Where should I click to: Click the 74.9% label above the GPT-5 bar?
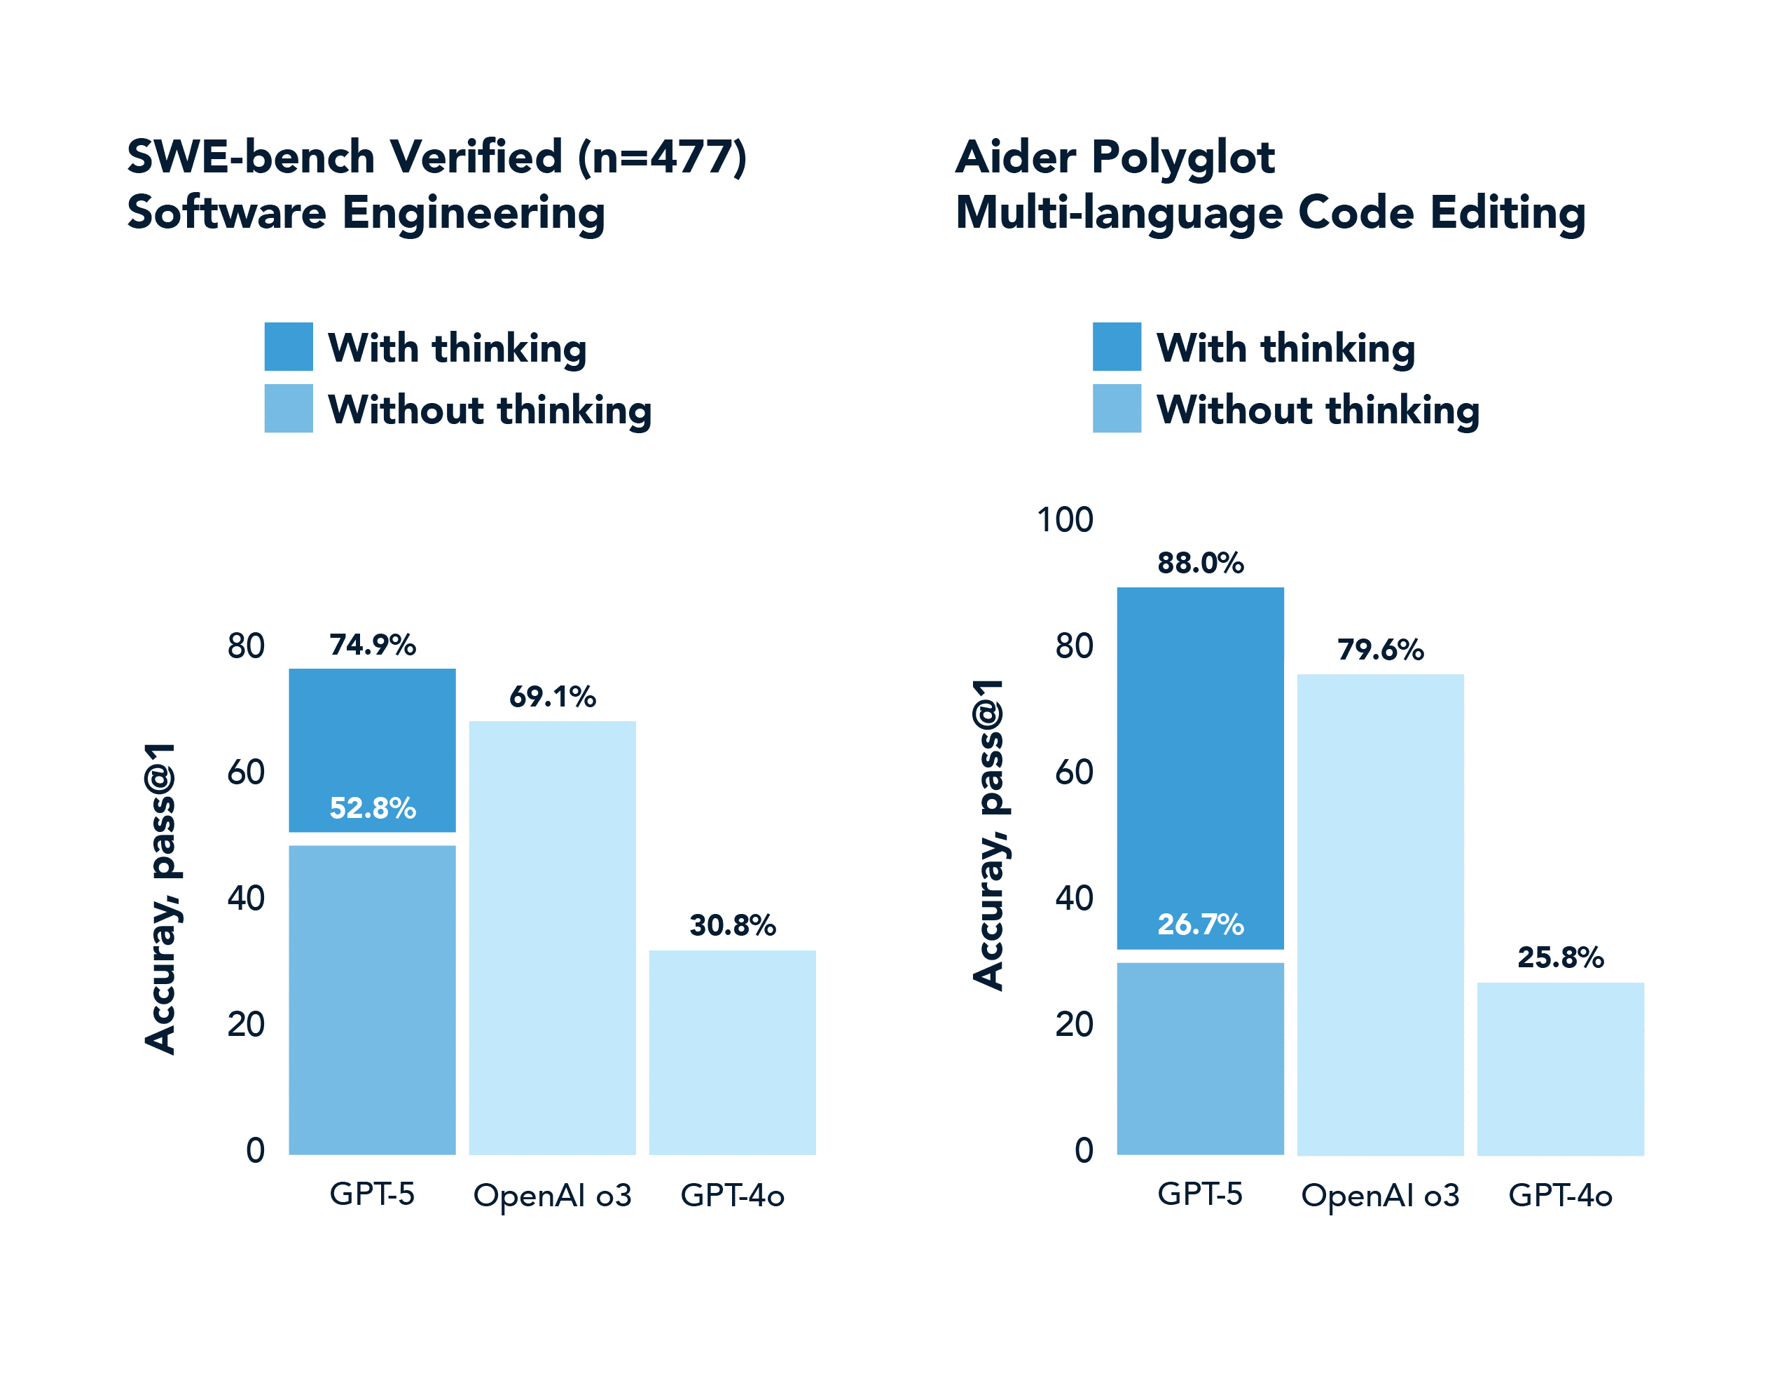click(x=372, y=645)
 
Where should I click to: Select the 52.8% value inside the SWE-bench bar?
click(x=372, y=808)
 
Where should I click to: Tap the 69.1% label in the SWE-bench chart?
click(x=552, y=697)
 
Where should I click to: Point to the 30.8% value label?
click(x=732, y=925)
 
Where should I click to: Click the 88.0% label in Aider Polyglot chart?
click(x=1201, y=563)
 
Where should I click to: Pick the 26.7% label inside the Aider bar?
click(x=1201, y=925)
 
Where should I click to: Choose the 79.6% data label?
click(x=1380, y=650)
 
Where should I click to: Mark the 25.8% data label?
click(x=1560, y=957)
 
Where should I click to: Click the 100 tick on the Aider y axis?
click(x=1065, y=520)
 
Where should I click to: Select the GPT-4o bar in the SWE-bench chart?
click(x=732, y=1052)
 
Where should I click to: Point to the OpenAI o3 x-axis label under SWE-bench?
click(x=552, y=1195)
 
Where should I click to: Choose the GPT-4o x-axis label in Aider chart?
click(x=1560, y=1195)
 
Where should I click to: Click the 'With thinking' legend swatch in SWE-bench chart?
click(x=288, y=347)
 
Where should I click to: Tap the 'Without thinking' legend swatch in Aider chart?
click(x=1117, y=409)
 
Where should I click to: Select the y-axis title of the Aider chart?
click(x=988, y=835)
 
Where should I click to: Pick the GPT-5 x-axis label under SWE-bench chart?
click(x=372, y=1194)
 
